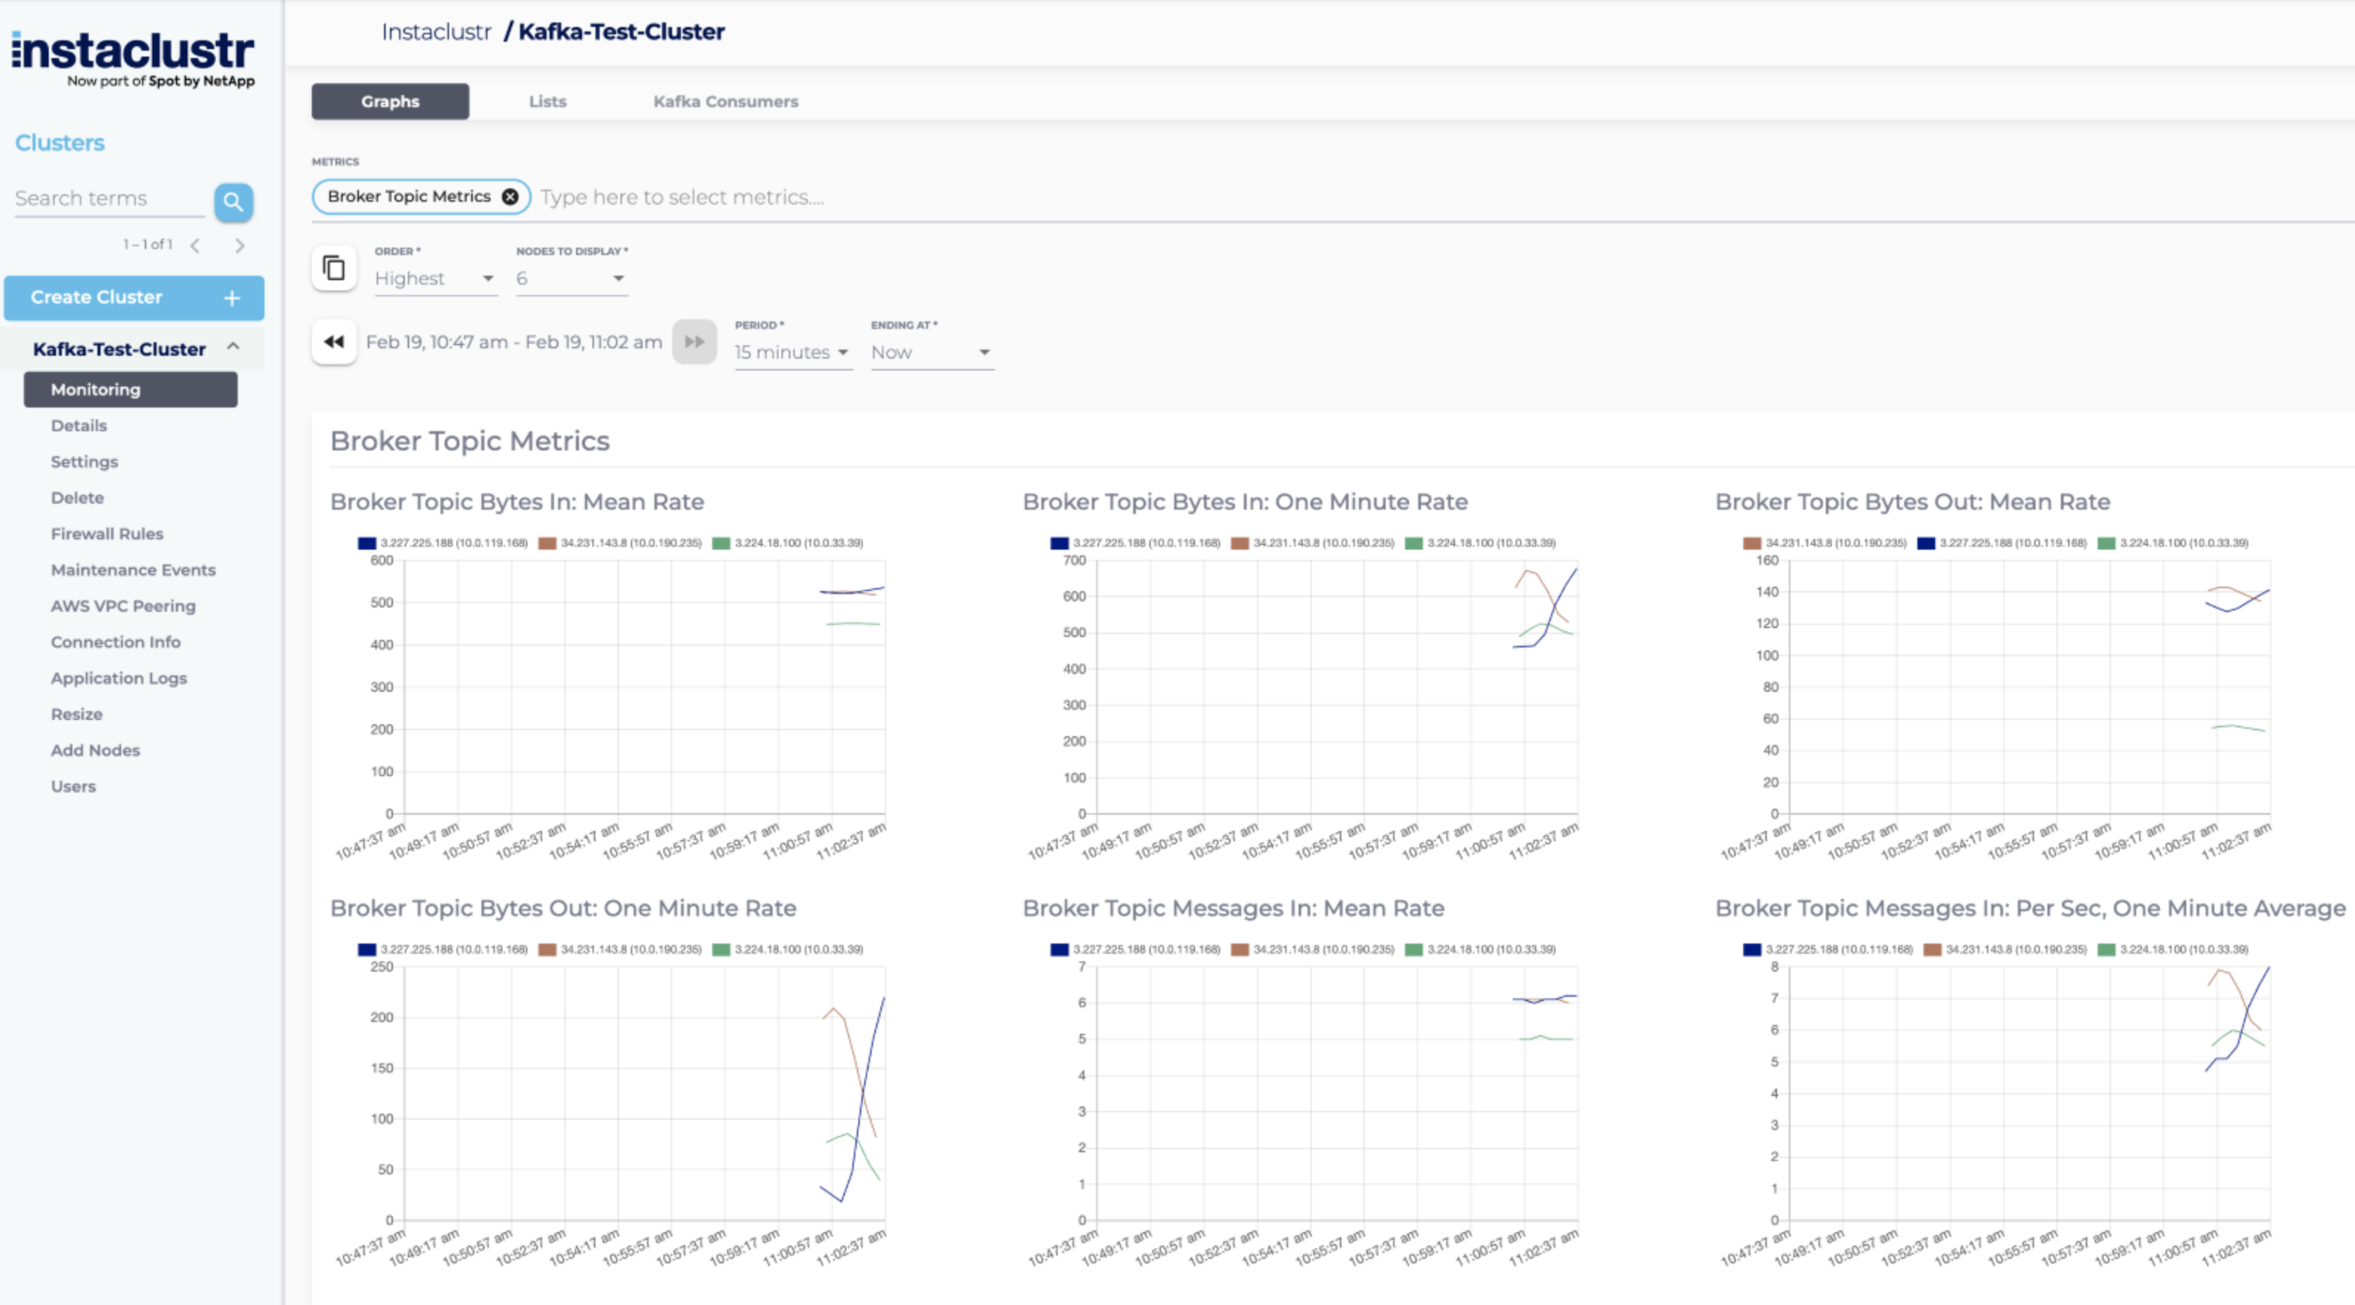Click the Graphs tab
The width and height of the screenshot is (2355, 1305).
tap(390, 101)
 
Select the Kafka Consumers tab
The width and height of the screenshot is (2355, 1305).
tap(725, 101)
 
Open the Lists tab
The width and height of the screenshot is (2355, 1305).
tap(548, 101)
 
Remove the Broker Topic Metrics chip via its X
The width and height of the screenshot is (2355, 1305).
tap(510, 196)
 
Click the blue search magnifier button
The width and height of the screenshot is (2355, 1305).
tap(233, 201)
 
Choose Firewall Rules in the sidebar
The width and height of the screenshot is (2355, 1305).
tap(107, 533)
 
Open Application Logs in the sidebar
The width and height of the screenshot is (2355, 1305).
tap(119, 677)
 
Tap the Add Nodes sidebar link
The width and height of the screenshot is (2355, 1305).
tap(95, 750)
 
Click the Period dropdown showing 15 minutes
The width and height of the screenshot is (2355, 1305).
tap(791, 352)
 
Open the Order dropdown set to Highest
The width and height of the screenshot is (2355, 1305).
tap(435, 278)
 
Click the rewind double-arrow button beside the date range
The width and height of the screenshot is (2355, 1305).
tap(334, 342)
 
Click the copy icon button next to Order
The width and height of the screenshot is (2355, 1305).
tap(334, 268)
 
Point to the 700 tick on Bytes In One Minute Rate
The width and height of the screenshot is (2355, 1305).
tap(1075, 560)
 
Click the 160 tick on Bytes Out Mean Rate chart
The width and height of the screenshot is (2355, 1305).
tap(1767, 560)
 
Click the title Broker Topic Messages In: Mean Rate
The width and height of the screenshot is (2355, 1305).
tap(1233, 908)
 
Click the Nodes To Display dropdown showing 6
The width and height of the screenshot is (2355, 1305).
tap(570, 278)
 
